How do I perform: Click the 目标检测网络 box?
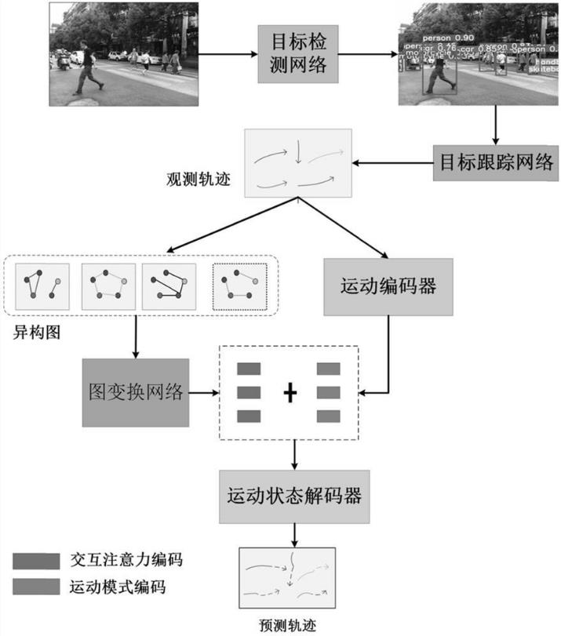pyautogui.click(x=299, y=53)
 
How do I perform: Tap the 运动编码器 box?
pyautogui.click(x=389, y=286)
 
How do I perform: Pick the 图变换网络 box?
pyautogui.click(x=135, y=392)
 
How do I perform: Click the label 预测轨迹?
pyautogui.click(x=287, y=625)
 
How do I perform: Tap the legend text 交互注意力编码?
pyautogui.click(x=126, y=561)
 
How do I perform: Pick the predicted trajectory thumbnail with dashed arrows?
pyautogui.click(x=287, y=578)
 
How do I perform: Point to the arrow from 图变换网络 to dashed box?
pyautogui.click(x=203, y=392)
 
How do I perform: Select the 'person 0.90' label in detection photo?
pyautogui.click(x=448, y=38)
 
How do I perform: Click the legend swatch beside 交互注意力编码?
pyautogui.click(x=35, y=561)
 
